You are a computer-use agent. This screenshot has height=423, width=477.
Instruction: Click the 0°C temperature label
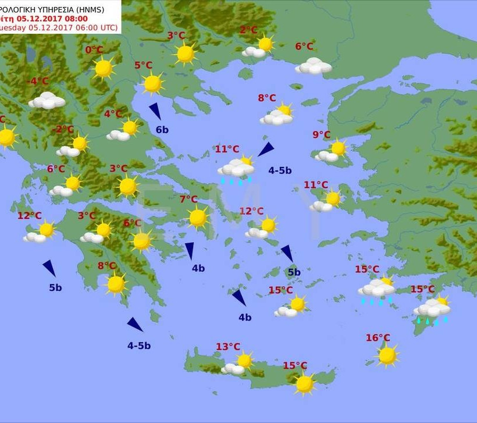pos(94,50)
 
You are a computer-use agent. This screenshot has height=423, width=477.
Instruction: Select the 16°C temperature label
pos(378,338)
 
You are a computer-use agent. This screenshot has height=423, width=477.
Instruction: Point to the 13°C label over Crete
pos(228,347)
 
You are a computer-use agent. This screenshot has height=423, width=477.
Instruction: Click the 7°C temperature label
pos(188,200)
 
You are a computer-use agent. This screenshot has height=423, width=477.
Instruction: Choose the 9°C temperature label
pos(321,135)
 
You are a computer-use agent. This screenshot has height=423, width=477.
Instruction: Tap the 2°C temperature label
pos(248,30)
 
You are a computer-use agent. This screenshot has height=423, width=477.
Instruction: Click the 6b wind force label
pos(162,130)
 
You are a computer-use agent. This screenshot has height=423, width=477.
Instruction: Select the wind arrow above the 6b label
pos(155,111)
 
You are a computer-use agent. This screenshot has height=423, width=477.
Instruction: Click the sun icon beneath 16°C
pos(387,355)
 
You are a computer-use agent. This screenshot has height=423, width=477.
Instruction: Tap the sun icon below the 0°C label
pos(104,68)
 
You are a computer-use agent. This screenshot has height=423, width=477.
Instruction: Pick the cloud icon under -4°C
pos(47,101)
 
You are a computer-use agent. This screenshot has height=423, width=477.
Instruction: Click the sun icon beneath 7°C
pos(198,218)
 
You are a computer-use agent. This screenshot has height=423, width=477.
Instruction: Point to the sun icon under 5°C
pos(153,83)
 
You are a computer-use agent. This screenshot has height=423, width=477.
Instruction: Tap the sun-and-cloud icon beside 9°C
pos(332,152)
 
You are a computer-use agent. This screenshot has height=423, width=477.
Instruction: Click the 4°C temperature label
pos(113,114)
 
